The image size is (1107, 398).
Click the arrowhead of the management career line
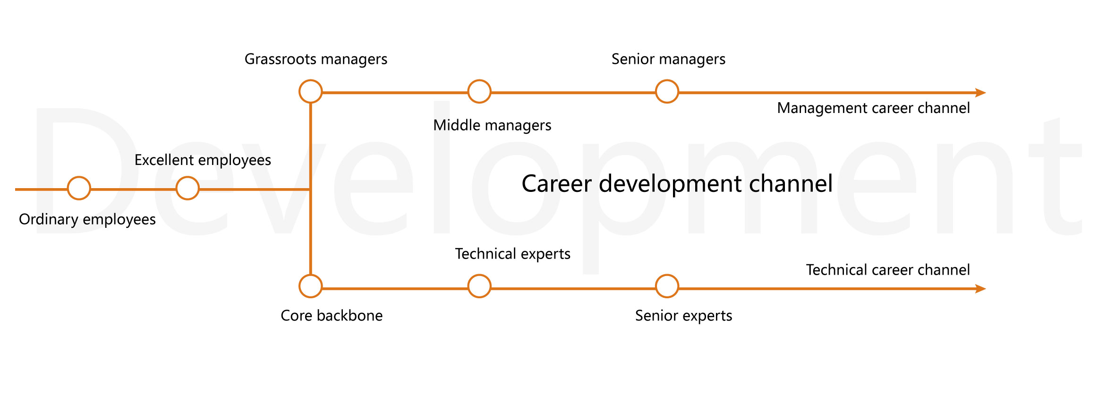pos(981,93)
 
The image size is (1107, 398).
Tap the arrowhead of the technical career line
pos(981,289)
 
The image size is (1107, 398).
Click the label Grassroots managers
pos(316,60)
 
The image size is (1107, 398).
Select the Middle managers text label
pos(492,126)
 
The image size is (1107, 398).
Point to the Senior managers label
pos(668,60)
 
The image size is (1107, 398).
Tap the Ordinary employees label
pos(87,220)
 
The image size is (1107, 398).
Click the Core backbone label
pos(332,316)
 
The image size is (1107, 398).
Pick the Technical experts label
pos(513,254)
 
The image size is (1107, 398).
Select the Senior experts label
pos(683,316)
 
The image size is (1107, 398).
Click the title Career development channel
pos(677,184)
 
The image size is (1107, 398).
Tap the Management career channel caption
pos(874,109)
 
